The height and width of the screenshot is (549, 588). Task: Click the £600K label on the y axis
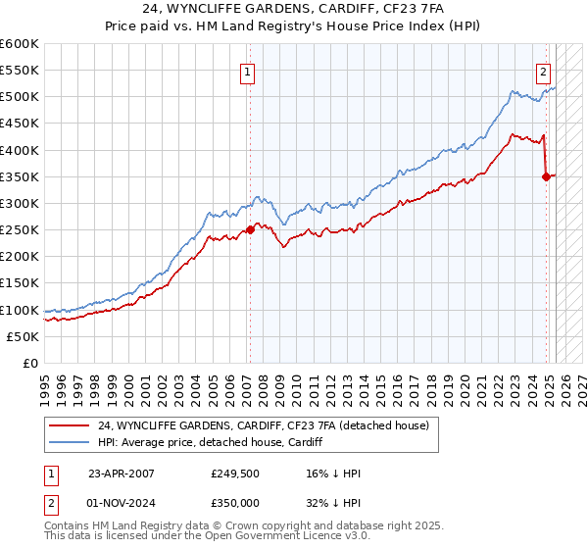[21, 44]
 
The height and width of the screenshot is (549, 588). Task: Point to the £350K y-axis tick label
[21, 176]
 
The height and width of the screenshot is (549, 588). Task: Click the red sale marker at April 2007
[250, 229]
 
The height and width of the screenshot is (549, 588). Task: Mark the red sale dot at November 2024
[547, 176]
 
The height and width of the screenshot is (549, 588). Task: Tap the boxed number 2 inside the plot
[543, 71]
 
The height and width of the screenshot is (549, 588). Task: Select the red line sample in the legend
[68, 425]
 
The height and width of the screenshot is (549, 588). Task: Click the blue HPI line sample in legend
[68, 442]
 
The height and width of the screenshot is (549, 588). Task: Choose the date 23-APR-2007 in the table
[121, 474]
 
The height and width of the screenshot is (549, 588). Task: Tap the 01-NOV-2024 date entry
[122, 502]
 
